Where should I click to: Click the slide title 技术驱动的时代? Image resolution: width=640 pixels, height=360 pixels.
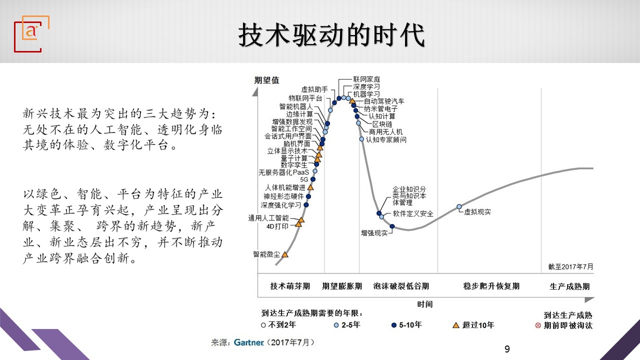[331, 35]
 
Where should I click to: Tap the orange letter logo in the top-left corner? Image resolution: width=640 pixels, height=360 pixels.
[31, 31]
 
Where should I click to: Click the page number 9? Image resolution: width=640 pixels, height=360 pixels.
[507, 349]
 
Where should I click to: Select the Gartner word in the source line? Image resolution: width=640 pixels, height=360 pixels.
[249, 342]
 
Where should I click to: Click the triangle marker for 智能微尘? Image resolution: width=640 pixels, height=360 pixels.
[285, 254]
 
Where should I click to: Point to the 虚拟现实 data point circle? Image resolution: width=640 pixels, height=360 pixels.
[459, 206]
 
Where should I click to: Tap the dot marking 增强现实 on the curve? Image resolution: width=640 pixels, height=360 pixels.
[392, 226]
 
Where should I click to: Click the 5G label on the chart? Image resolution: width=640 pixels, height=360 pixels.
[304, 179]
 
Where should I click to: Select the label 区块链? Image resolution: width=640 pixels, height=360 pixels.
[382, 124]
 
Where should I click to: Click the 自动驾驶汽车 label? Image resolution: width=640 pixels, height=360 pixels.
[384, 101]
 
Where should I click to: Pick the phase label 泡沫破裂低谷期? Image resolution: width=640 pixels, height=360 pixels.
[401, 286]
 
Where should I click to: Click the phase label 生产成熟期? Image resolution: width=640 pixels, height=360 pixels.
[569, 286]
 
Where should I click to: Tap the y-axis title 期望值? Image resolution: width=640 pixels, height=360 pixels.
[266, 80]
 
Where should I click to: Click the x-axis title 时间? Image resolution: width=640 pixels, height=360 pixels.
[425, 304]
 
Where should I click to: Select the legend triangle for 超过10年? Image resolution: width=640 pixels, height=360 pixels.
[456, 325]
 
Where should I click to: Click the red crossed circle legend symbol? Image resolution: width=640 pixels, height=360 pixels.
[538, 325]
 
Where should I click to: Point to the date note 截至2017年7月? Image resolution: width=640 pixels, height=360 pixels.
[570, 266]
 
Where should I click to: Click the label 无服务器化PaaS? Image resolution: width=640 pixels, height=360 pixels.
[283, 172]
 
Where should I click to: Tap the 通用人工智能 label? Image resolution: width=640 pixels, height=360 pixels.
[268, 218]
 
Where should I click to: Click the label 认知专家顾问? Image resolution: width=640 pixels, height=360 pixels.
[386, 139]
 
